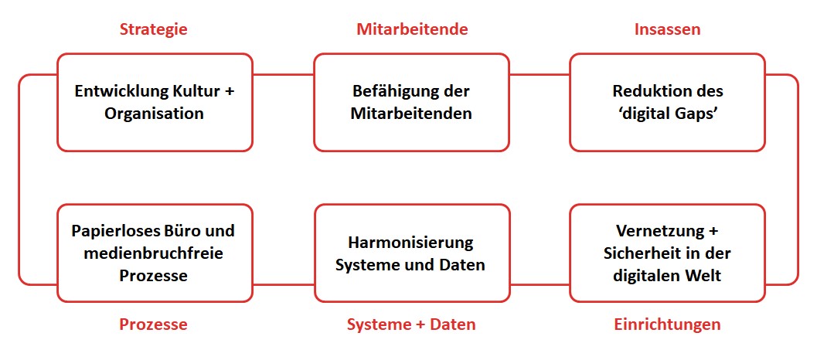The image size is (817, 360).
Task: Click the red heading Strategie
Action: (153, 29)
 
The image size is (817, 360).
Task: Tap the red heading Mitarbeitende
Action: (412, 29)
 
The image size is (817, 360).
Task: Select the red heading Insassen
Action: (667, 29)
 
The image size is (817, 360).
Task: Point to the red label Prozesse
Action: (153, 324)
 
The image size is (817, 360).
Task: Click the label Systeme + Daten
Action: (412, 324)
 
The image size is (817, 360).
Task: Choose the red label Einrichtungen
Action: (667, 324)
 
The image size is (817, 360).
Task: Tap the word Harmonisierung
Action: (411, 243)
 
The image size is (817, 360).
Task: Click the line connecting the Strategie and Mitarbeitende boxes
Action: (284, 74)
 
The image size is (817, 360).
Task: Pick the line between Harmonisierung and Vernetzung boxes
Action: (540, 284)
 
